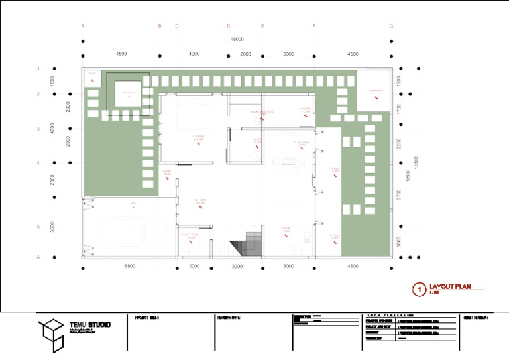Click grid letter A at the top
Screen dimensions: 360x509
[83, 26]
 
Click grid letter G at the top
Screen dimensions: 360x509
[392, 26]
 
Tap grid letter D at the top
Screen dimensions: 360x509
[228, 26]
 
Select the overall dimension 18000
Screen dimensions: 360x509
[237, 40]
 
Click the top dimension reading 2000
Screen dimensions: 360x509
[245, 54]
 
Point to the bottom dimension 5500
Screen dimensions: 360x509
[129, 266]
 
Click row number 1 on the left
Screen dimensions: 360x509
[38, 68]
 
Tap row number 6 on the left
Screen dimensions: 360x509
[38, 257]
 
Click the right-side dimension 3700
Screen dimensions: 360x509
[398, 195]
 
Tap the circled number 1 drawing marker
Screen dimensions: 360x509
[418, 288]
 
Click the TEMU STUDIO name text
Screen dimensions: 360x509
[89, 325]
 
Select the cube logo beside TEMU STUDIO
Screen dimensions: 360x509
[50, 333]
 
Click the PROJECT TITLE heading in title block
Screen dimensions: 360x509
[148, 318]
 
